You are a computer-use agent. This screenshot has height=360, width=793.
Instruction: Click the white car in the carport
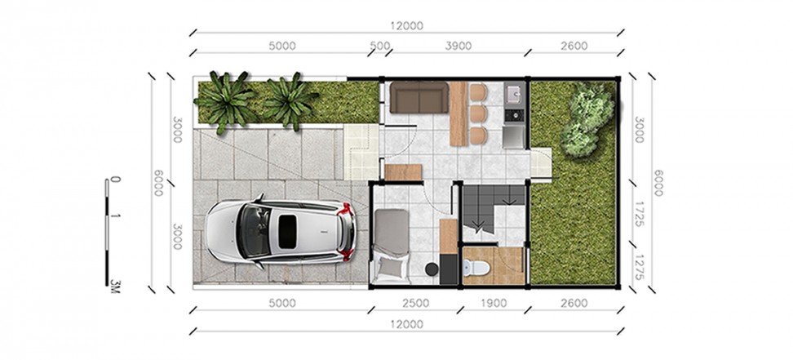pos(281,231)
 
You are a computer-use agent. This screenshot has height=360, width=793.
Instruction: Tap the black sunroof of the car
pos(287,231)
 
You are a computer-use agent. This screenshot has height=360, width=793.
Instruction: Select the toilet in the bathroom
pos(476,267)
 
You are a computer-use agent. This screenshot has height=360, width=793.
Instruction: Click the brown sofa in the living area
pos(419,97)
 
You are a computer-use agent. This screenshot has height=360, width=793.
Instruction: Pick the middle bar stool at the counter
pos(478,113)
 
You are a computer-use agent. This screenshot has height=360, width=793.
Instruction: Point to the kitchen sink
pos(515,94)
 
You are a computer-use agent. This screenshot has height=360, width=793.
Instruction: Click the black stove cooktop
pos(515,115)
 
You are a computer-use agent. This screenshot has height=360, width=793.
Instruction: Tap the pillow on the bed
pos(391,266)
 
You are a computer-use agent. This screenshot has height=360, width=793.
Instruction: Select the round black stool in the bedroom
pos(432,269)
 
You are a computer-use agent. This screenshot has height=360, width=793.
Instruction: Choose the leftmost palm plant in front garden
pos(225,100)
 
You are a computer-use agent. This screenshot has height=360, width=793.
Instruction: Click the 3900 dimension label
pos(459,46)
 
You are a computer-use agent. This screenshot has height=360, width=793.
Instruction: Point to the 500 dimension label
pos(380,46)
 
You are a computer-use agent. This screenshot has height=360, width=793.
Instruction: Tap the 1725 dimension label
pos(640,214)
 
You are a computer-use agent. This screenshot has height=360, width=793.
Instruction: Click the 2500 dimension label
pos(416,304)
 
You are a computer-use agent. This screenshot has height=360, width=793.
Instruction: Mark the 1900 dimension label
pos(494,304)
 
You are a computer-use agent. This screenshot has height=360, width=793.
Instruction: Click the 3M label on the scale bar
pos(115,286)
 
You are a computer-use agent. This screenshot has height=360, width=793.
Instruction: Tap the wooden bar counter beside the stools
pos(459,114)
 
